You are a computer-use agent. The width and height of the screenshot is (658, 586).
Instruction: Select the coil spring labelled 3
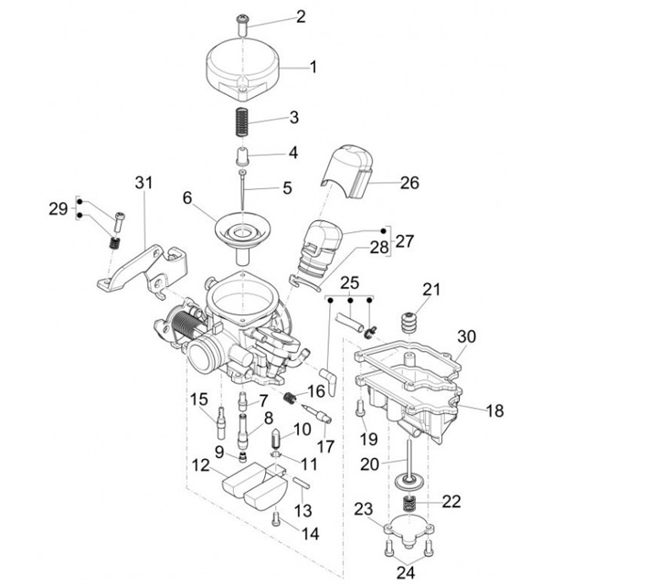[x=243, y=120]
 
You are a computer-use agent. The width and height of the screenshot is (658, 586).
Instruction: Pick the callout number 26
[x=409, y=183]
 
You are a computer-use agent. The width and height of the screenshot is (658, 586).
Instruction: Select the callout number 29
[x=58, y=209]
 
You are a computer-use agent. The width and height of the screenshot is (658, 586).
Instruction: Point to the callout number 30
[x=467, y=336]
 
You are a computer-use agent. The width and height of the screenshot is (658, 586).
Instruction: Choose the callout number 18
[x=494, y=411]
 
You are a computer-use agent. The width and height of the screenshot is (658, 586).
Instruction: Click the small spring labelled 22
[x=411, y=502]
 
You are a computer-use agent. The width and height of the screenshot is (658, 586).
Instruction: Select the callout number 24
[x=405, y=572]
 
